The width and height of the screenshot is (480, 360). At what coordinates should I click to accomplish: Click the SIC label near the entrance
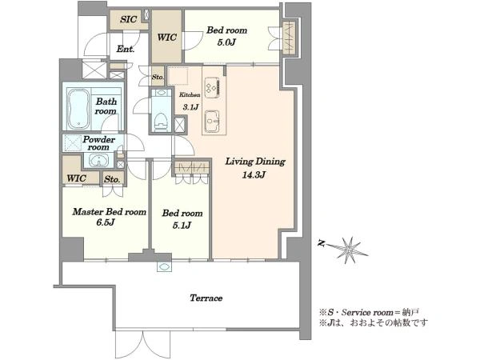tap(128, 19)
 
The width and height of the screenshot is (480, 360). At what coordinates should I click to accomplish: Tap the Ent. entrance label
tap(126, 49)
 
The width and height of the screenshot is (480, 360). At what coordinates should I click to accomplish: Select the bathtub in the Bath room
tap(78, 109)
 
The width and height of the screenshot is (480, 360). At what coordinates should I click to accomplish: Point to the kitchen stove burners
tap(213, 87)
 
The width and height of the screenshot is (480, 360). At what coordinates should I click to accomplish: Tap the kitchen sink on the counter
tap(213, 122)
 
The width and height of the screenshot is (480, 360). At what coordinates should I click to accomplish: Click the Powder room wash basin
tap(98, 161)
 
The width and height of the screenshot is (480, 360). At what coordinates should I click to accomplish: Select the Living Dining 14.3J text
tap(255, 168)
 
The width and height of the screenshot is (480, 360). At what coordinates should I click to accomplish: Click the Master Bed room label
tap(109, 212)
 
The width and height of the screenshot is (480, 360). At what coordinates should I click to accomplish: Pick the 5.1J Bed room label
tap(182, 219)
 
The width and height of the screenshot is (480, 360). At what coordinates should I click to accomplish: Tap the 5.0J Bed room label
tap(226, 36)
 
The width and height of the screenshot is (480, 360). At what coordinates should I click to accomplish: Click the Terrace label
tap(206, 298)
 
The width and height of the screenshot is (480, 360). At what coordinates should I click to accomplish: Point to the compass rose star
tap(349, 250)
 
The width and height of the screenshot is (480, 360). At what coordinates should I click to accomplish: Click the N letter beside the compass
tap(322, 244)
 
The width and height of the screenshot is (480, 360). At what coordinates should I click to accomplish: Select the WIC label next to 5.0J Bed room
tap(167, 38)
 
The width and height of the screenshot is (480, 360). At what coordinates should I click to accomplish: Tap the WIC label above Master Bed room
tap(76, 178)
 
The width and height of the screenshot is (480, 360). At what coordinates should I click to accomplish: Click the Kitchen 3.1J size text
tap(190, 101)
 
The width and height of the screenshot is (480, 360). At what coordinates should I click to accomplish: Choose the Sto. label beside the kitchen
tap(158, 77)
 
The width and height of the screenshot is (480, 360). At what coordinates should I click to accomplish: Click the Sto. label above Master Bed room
tap(112, 179)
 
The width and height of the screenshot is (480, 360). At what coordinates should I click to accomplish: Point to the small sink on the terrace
tap(164, 266)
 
